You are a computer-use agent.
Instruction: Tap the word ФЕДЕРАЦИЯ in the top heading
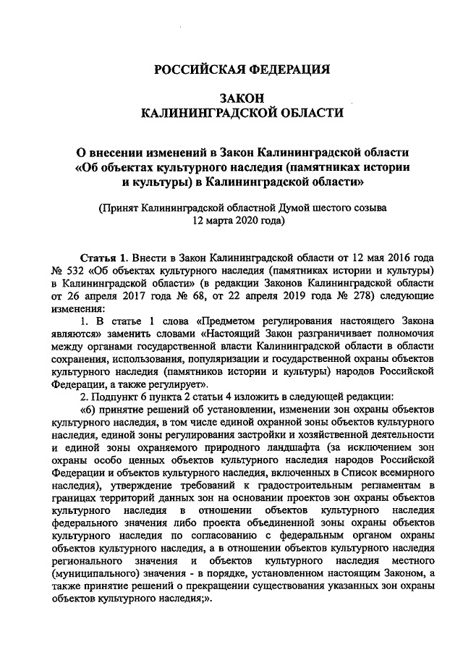pos(287,70)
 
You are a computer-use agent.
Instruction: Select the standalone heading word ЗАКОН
pos(242,98)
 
